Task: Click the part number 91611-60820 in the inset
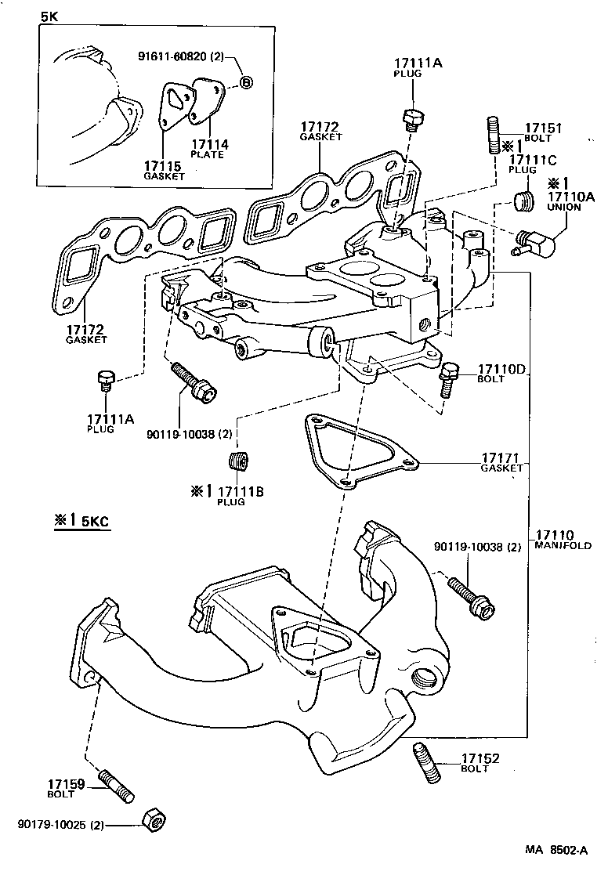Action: [181, 56]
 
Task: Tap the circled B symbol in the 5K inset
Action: [245, 81]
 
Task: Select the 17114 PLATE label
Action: [208, 149]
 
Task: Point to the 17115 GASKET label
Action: [164, 170]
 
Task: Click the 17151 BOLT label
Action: [542, 132]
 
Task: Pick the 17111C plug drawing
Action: [523, 202]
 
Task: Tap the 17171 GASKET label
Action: [502, 462]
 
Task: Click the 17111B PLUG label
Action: [240, 495]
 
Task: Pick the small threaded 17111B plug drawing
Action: [241, 461]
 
